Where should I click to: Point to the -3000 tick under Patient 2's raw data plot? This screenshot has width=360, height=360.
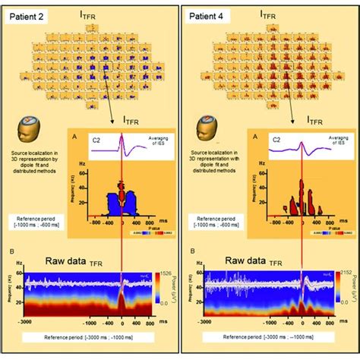click(25, 322)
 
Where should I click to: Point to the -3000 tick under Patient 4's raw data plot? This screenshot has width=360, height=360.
click(206, 322)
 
